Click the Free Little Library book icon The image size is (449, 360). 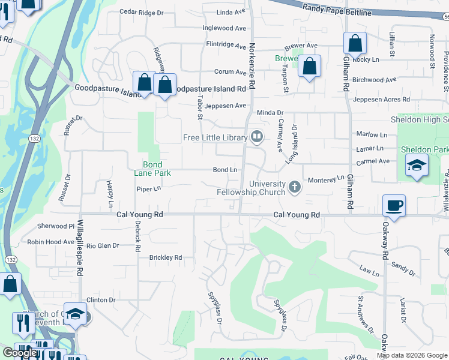click(x=257, y=137)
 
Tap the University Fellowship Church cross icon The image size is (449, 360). click(x=294, y=187)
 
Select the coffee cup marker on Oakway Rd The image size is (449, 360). click(x=394, y=206)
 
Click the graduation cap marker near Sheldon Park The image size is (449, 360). click(x=416, y=165)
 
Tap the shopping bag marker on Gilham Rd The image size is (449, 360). click(x=355, y=43)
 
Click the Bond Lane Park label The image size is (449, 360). click(x=157, y=169)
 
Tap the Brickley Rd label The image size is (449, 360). click(x=165, y=257)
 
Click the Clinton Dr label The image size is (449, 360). click(x=100, y=300)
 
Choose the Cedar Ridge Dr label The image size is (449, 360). click(x=142, y=12)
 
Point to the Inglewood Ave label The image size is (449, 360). click(x=224, y=28)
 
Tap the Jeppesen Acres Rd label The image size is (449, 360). click(x=381, y=100)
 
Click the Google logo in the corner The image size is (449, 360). click(x=20, y=353)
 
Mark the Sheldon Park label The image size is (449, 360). click(x=424, y=149)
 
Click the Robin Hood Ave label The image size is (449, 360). click(x=50, y=242)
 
